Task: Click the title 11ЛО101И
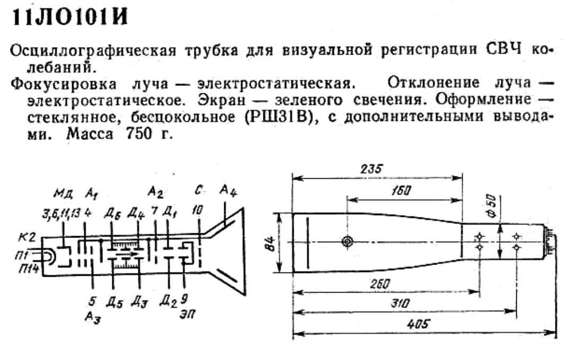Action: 70,16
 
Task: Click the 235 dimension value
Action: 372,169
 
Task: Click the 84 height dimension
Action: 272,242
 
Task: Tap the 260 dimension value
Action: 381,284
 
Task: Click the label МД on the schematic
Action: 64,195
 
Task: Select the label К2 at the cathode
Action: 28,237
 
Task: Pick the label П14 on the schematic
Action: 28,268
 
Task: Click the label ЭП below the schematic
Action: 187,314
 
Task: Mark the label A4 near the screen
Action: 228,190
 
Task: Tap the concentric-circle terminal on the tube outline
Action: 347,241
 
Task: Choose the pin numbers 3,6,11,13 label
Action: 61,214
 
